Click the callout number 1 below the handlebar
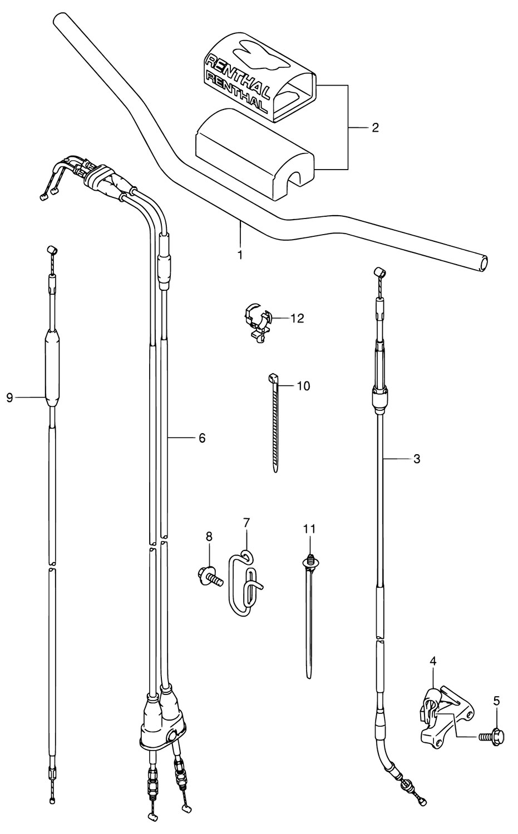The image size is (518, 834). (x=240, y=255)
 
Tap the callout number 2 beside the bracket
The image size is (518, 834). (x=375, y=128)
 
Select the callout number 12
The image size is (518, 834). (x=297, y=319)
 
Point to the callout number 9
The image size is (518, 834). (x=9, y=398)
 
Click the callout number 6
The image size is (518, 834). (x=201, y=438)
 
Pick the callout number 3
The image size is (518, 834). (x=417, y=459)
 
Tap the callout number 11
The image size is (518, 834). (x=309, y=529)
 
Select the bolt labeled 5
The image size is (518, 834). (x=491, y=736)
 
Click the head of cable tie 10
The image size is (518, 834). (x=273, y=379)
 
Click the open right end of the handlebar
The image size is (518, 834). (x=484, y=263)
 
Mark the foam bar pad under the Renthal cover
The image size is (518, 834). (x=255, y=155)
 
